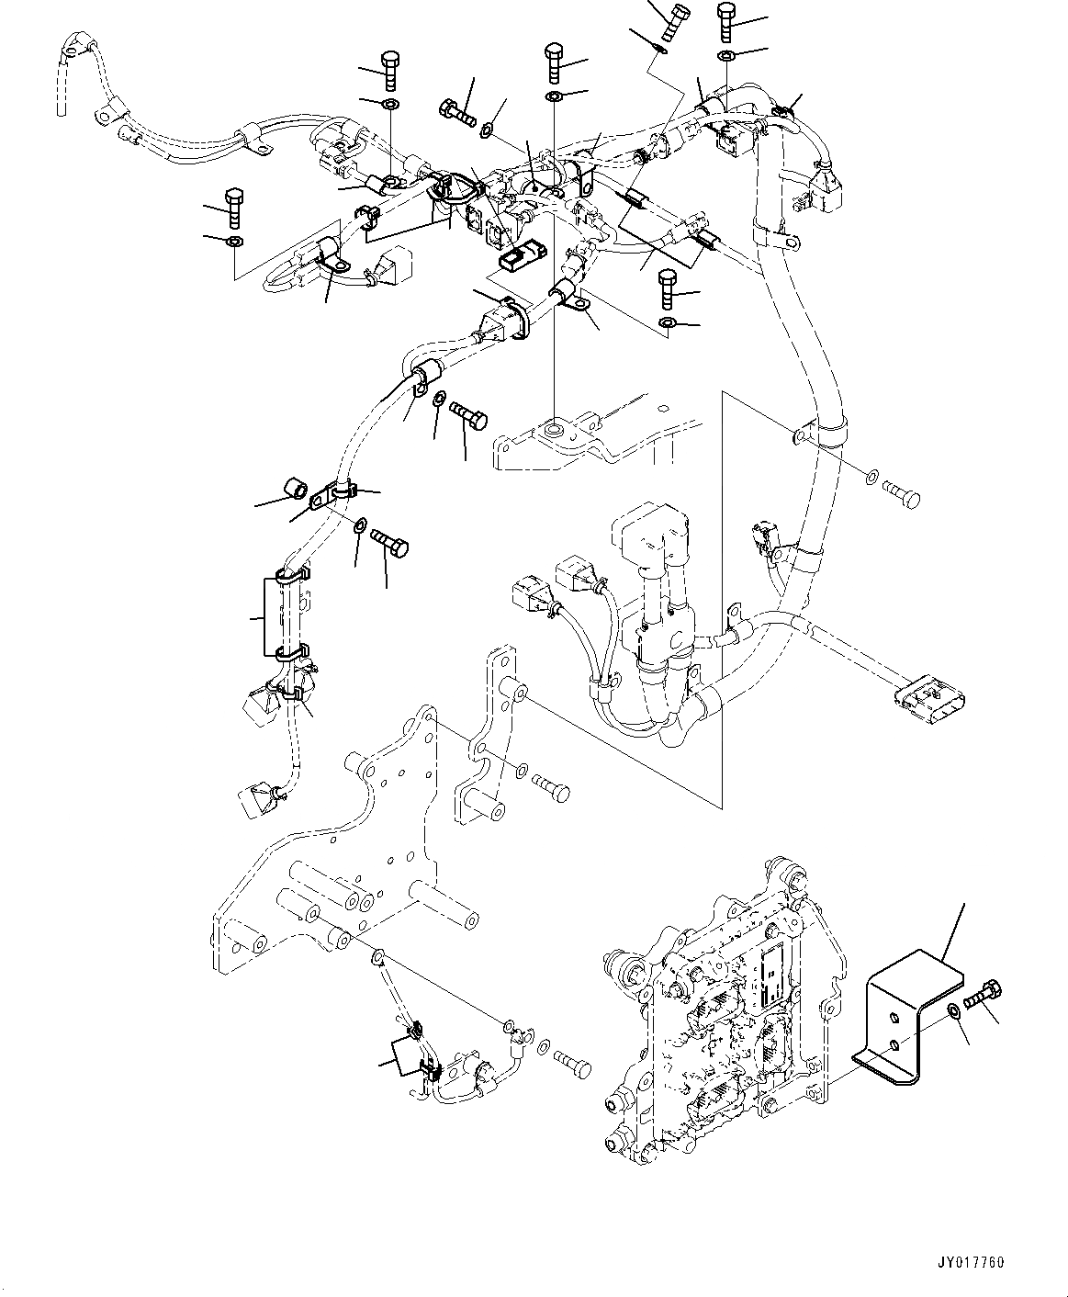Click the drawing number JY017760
(x=972, y=1263)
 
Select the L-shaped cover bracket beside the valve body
(x=909, y=1002)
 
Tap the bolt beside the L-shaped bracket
(x=984, y=996)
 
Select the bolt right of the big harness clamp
(x=901, y=497)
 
